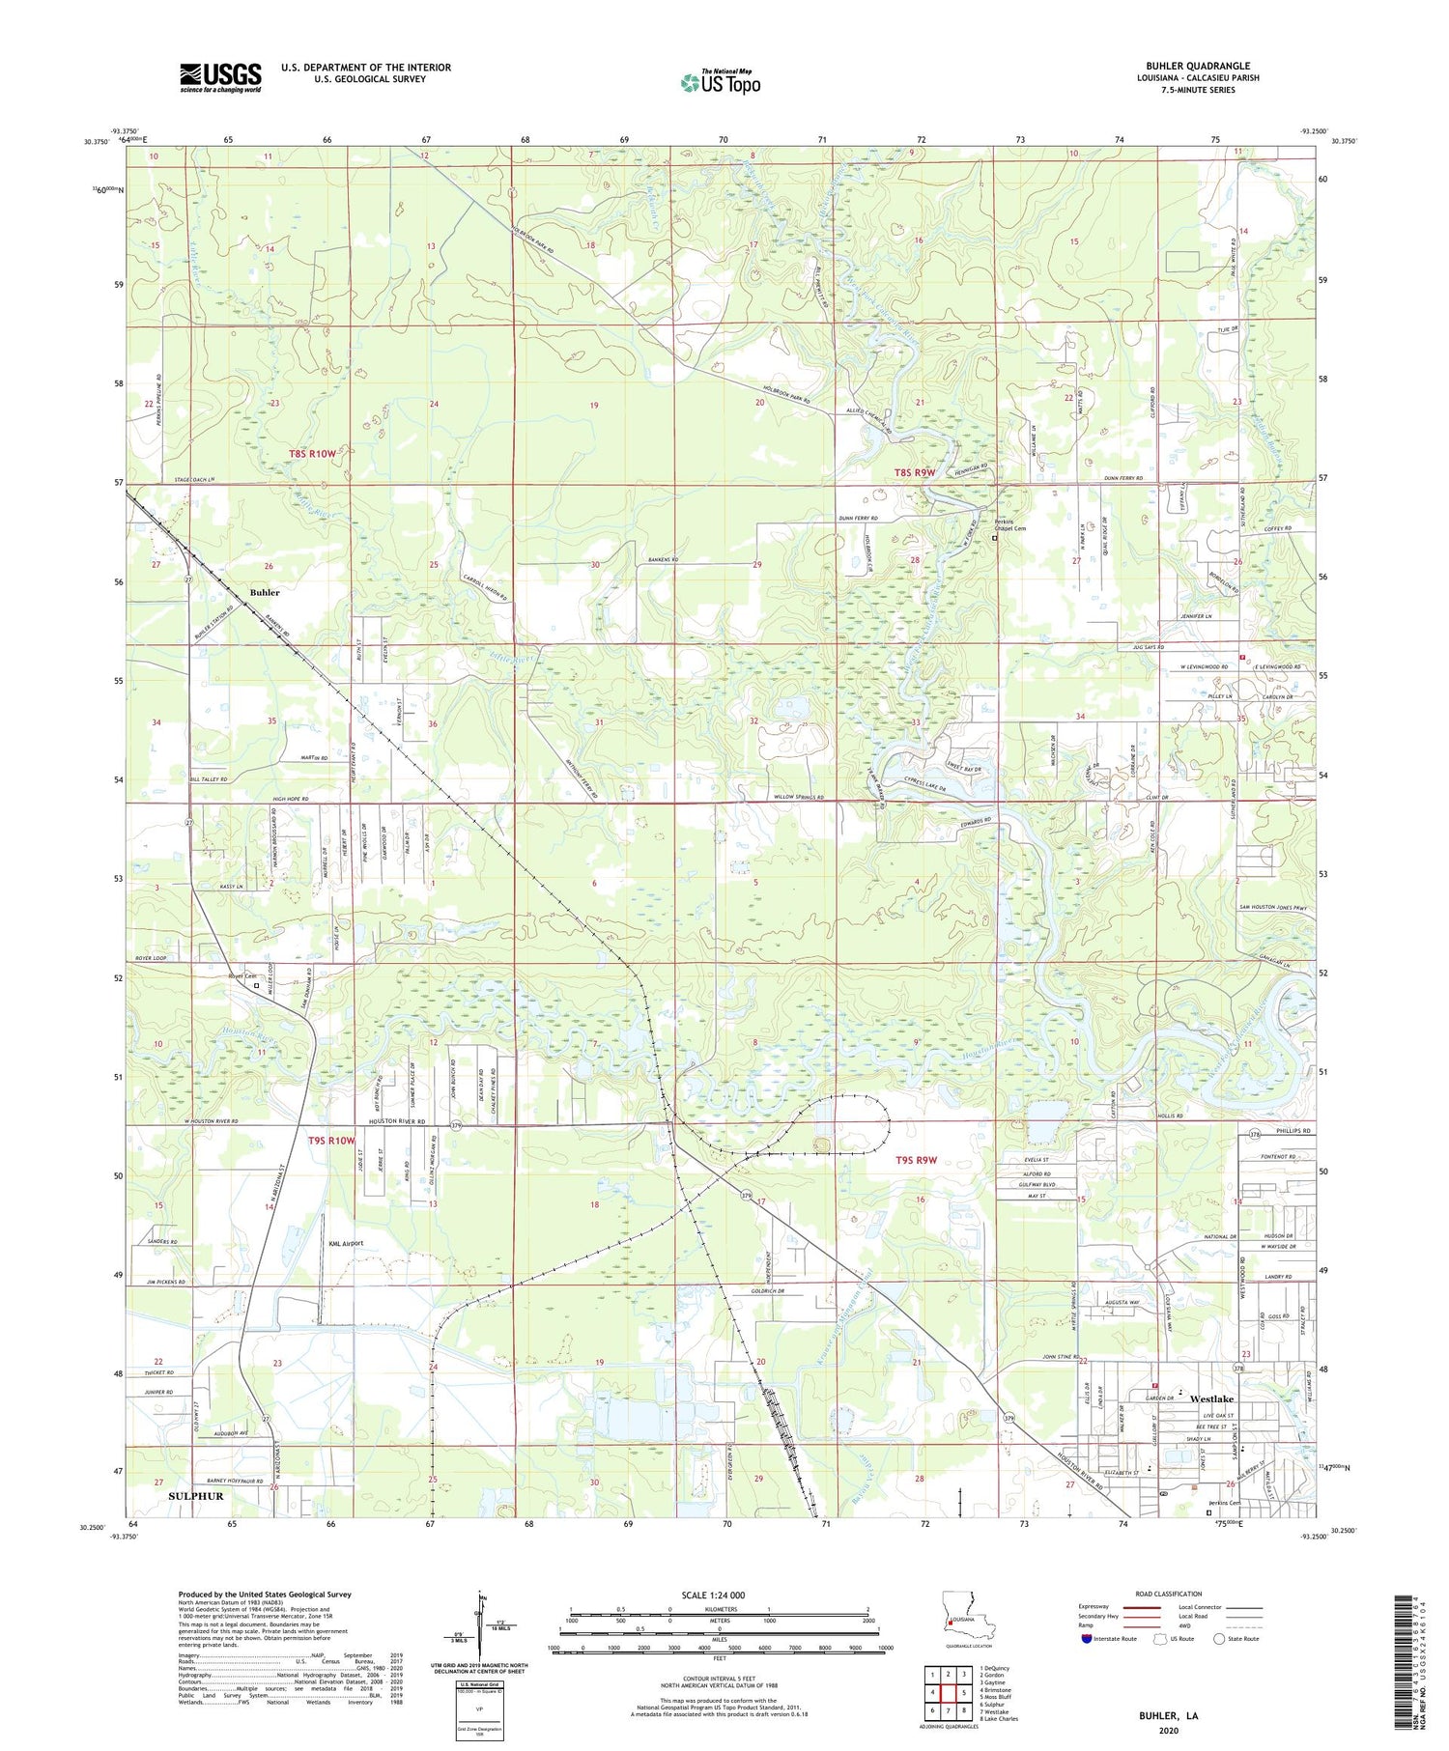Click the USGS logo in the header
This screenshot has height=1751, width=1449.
(x=220, y=77)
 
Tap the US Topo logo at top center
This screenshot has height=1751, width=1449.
(x=720, y=82)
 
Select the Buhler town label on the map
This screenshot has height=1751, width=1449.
(x=265, y=592)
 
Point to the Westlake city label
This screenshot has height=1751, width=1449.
(x=1211, y=1398)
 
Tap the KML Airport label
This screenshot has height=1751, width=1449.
(x=346, y=1243)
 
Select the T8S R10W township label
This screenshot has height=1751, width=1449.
(x=313, y=453)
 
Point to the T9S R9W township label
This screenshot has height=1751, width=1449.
(x=916, y=1160)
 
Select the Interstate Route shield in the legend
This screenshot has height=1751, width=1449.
(x=1086, y=1639)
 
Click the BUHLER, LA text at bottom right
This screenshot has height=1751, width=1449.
(x=1167, y=1715)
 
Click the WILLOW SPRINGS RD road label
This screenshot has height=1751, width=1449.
(x=798, y=798)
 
